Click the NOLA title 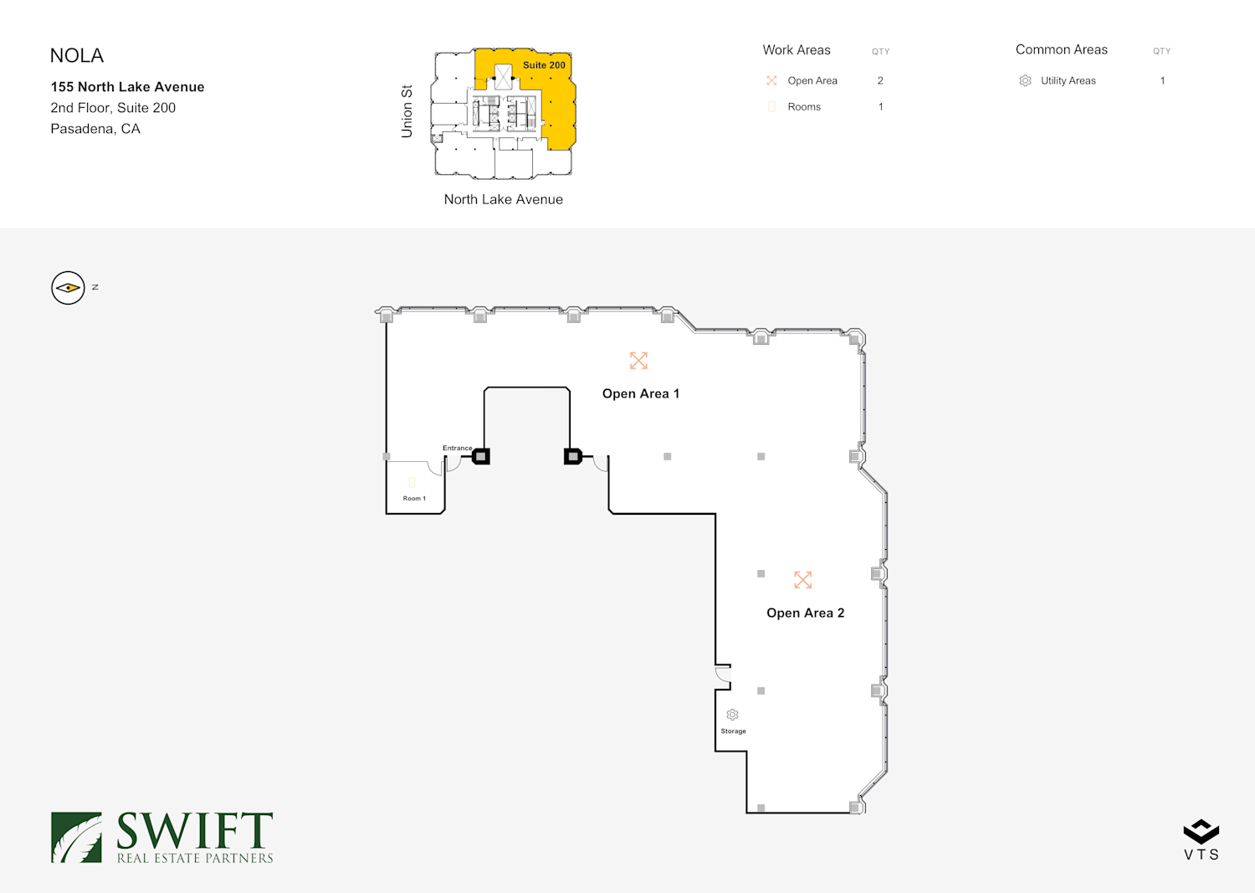pos(77,56)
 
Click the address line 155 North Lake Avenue pos(127,87)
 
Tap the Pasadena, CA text pos(95,129)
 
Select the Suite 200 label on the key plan pos(544,65)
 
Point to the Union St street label pos(407,111)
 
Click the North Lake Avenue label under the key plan pos(503,199)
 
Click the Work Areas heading pos(797,50)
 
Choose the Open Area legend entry pos(812,81)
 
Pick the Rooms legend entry pos(804,107)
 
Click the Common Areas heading pos(1061,50)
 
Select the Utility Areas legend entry pos(1068,81)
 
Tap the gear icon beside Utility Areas pos(1025,81)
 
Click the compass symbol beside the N pos(68,288)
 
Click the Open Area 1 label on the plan pos(641,393)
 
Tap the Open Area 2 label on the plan pos(805,613)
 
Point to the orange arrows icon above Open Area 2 pos(803,579)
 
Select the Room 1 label pos(414,499)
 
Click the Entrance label pos(457,448)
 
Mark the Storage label pos(733,731)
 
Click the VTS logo pos(1201,839)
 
